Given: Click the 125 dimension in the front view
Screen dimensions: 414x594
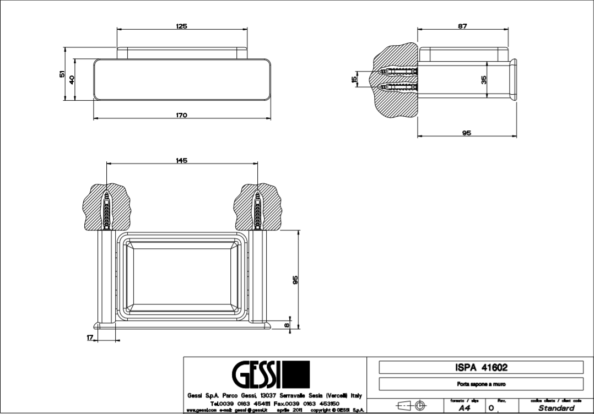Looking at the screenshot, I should (x=182, y=26).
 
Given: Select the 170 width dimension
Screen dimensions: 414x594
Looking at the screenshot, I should (x=182, y=115).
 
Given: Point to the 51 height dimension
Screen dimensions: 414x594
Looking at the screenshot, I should (x=62, y=74).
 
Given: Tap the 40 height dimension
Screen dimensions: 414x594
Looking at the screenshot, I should (x=72, y=79).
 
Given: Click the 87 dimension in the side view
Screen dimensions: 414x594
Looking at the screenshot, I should (x=462, y=26).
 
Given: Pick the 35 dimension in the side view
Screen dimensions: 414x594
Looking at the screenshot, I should (x=484, y=80).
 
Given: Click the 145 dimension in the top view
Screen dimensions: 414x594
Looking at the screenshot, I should (x=182, y=160).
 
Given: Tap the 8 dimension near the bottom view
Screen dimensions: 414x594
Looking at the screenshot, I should (x=287, y=324).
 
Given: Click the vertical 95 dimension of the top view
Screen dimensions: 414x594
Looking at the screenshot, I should (x=295, y=280).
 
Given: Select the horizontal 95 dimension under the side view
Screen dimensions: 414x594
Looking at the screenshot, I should (x=466, y=133).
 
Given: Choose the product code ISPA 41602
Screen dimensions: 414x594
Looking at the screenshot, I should (x=480, y=367).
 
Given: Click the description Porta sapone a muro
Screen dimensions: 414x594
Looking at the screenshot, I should (x=480, y=384).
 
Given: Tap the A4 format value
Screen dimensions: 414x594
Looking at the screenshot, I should (x=464, y=408).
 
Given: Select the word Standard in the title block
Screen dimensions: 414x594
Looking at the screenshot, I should (x=556, y=408).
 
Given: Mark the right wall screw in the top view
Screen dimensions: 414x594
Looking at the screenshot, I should (x=257, y=209).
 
